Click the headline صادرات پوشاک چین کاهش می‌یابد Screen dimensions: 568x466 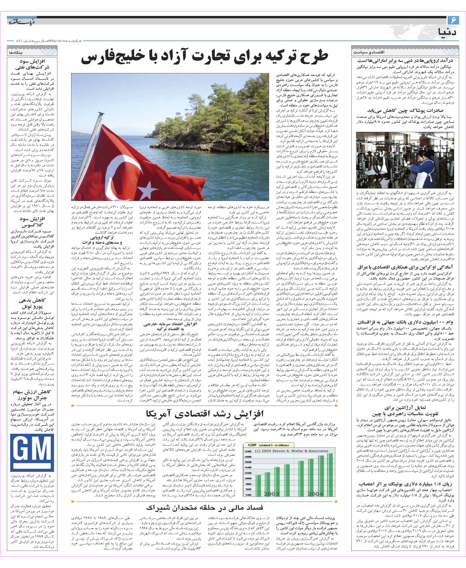point(405,111)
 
